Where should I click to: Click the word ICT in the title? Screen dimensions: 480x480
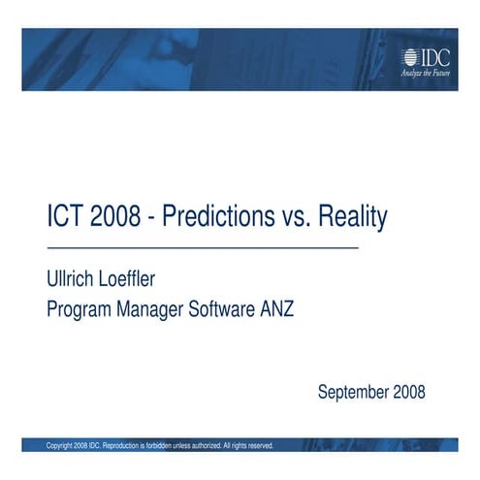coord(65,217)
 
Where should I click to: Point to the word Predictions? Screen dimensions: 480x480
coord(215,217)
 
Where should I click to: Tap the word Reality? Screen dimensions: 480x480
coord(354,217)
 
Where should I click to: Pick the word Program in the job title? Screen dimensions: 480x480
coord(81,310)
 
